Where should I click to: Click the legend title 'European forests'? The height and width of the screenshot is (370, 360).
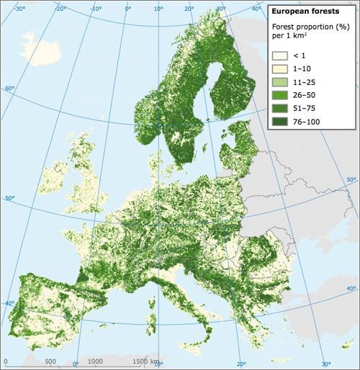(x=301, y=12)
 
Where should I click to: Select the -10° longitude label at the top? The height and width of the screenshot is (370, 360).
(x=96, y=9)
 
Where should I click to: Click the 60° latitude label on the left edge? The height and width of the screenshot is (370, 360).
(x=9, y=89)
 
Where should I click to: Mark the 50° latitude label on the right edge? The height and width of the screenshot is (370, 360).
(x=351, y=179)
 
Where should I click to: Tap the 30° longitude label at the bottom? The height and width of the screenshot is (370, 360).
(x=325, y=364)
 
